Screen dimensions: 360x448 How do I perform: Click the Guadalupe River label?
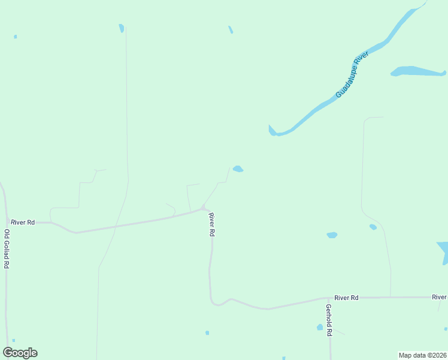[352, 75]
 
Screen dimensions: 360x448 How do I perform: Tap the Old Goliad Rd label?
[7, 248]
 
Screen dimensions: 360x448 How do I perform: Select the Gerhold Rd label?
[329, 320]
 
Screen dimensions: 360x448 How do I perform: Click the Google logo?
[20, 353]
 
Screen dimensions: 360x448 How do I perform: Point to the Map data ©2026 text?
[422, 355]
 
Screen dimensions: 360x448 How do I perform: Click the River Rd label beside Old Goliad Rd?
[23, 222]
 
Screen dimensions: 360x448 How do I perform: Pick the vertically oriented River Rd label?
[211, 224]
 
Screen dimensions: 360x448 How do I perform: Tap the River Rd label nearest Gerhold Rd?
[346, 298]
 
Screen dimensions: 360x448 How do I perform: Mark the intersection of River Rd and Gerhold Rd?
[330, 298]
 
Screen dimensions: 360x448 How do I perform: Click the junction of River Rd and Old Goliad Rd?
[6, 222]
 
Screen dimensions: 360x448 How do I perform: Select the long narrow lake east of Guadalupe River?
[418, 71]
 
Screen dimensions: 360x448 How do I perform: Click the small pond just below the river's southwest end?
[238, 169]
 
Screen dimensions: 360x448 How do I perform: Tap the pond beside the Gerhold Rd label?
[320, 327]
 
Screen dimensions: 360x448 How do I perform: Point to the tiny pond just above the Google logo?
[13, 340]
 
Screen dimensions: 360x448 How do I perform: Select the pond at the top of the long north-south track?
[122, 28]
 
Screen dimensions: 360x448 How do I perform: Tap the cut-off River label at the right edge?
[440, 297]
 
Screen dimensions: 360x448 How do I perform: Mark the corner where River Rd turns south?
[204, 208]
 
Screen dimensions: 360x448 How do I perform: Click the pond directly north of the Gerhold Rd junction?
[332, 235]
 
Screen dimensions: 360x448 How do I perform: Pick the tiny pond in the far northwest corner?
[15, 37]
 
